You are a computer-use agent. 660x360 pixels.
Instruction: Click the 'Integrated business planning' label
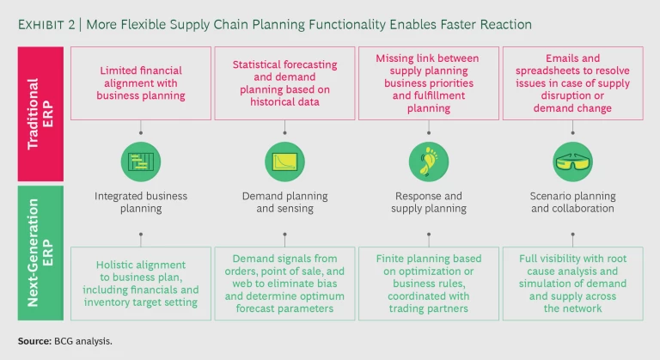(142, 202)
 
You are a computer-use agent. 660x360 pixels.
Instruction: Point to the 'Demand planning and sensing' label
(283, 202)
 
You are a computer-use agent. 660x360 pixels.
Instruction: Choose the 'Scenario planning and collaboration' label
(571, 202)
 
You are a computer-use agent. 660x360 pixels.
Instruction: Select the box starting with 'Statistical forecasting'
(283, 83)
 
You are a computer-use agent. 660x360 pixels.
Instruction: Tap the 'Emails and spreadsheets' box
(571, 83)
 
